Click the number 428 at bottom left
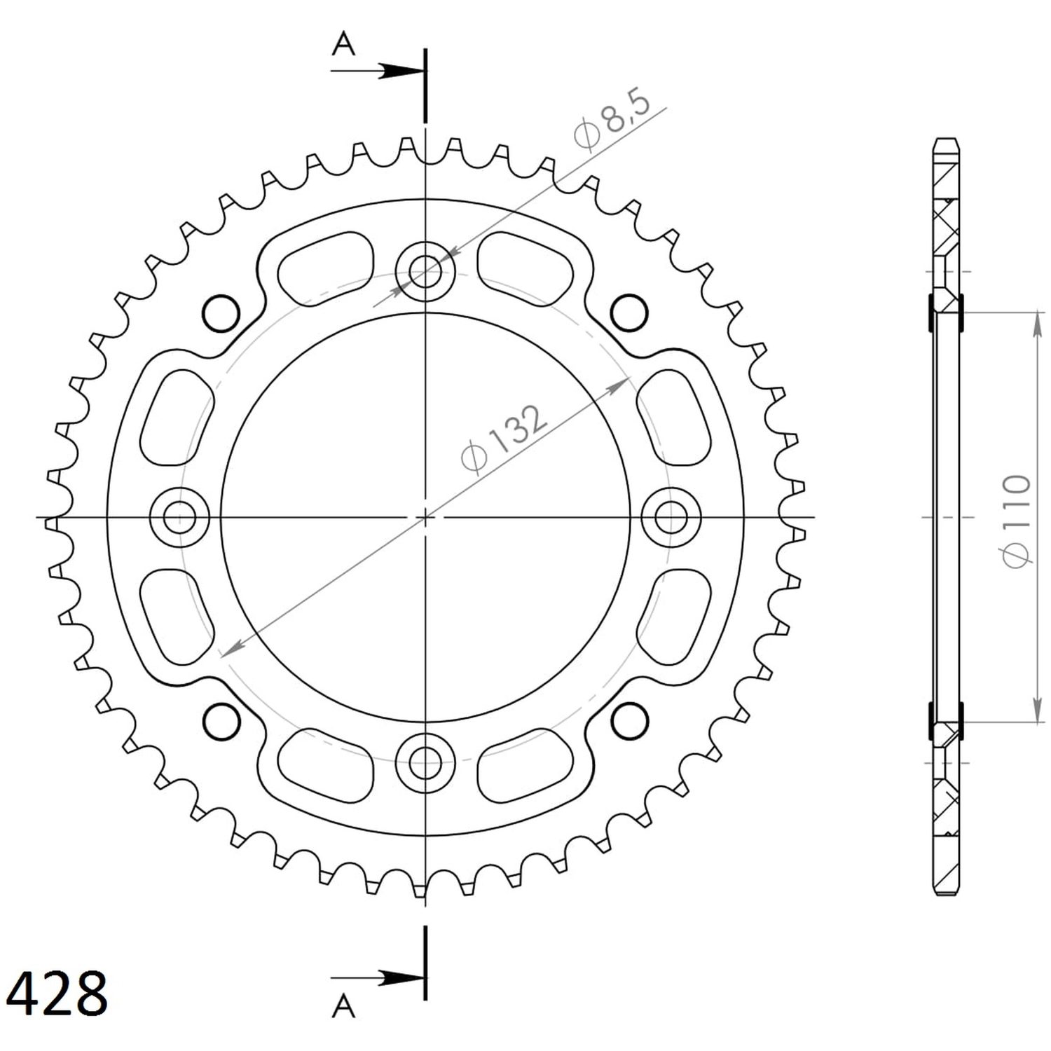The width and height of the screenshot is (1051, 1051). click(x=62, y=992)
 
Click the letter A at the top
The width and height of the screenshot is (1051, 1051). click(x=343, y=45)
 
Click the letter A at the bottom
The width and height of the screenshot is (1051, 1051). click(x=343, y=1006)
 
